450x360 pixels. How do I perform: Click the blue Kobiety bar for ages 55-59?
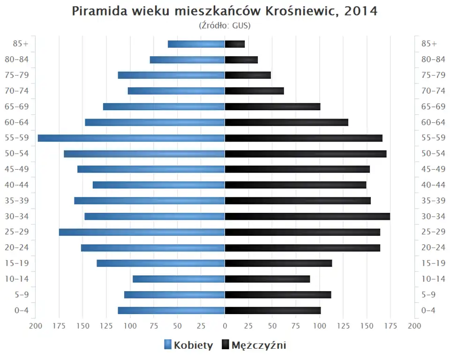click(131, 138)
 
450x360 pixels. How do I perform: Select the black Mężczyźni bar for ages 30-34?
click(307, 216)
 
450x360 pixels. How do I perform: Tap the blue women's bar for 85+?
click(196, 44)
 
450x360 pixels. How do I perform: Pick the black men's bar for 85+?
click(235, 44)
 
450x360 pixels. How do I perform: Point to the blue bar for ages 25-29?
click(142, 232)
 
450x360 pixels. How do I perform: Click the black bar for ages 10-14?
click(267, 279)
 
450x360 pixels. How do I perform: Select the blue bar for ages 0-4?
click(171, 310)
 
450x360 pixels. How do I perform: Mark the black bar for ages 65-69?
click(272, 106)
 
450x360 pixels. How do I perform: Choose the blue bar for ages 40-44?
click(158, 185)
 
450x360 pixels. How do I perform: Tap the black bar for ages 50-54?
click(306, 154)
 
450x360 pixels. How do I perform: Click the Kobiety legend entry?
click(188, 345)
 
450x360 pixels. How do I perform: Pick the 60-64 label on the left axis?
click(18, 122)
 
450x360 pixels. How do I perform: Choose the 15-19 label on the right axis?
click(433, 263)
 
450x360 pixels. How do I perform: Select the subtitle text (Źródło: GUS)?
click(225, 25)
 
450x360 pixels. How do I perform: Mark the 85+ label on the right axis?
click(429, 44)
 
